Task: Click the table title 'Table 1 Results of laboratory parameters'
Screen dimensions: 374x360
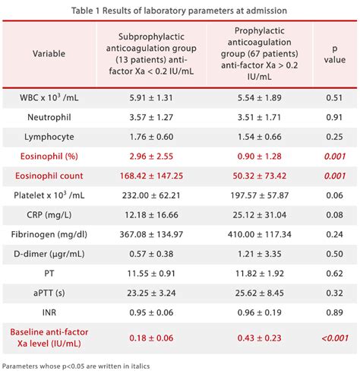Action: [179, 11]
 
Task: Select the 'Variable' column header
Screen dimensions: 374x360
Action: [49, 54]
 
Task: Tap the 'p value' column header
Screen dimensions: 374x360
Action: [331, 54]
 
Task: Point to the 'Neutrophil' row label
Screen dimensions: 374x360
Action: [49, 118]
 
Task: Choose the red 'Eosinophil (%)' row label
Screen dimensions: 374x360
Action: [49, 156]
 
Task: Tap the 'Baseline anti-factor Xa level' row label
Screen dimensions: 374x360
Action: [49, 339]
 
